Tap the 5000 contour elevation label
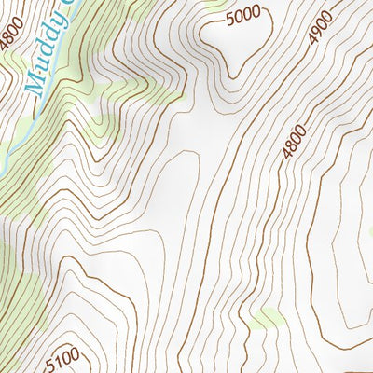[243, 16]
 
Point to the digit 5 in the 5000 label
[231, 19]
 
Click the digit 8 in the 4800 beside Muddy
[8, 35]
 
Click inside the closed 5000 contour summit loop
[247, 42]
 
